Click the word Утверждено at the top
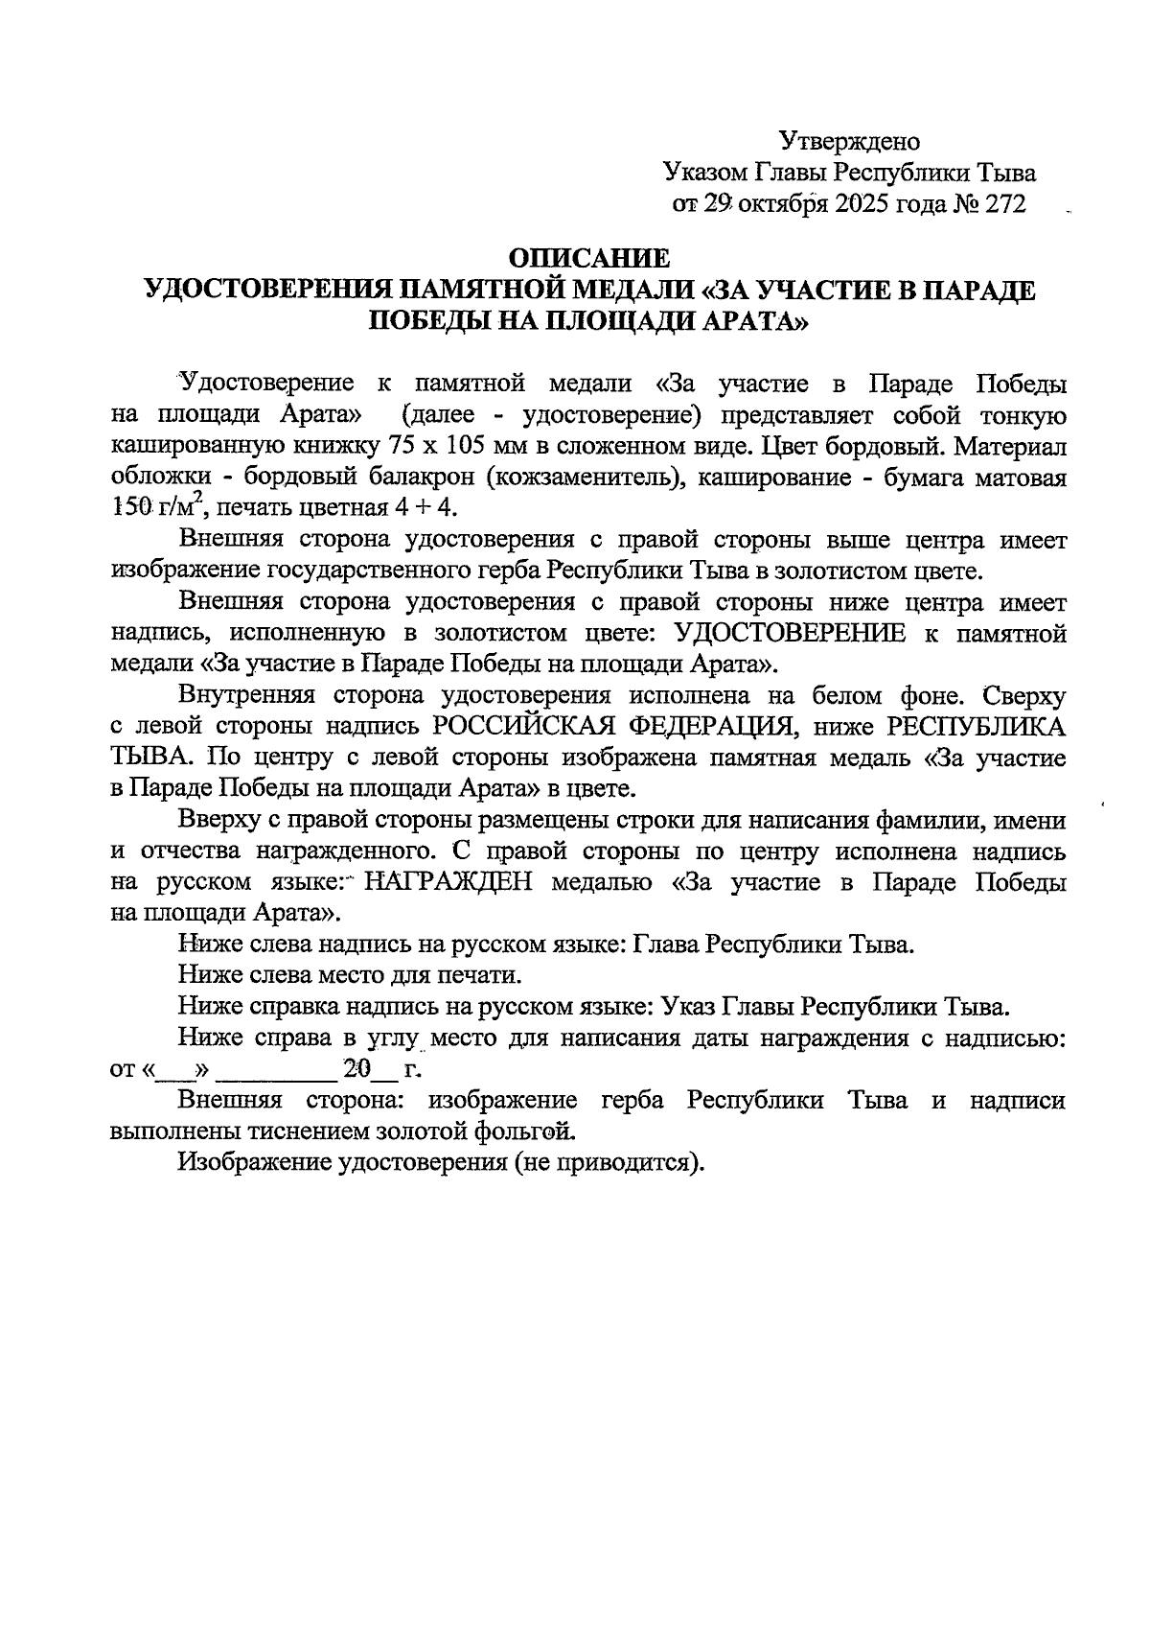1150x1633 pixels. (849, 142)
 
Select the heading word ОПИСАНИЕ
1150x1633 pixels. (588, 258)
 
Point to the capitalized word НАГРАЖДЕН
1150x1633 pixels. (448, 882)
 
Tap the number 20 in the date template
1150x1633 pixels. (357, 1067)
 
